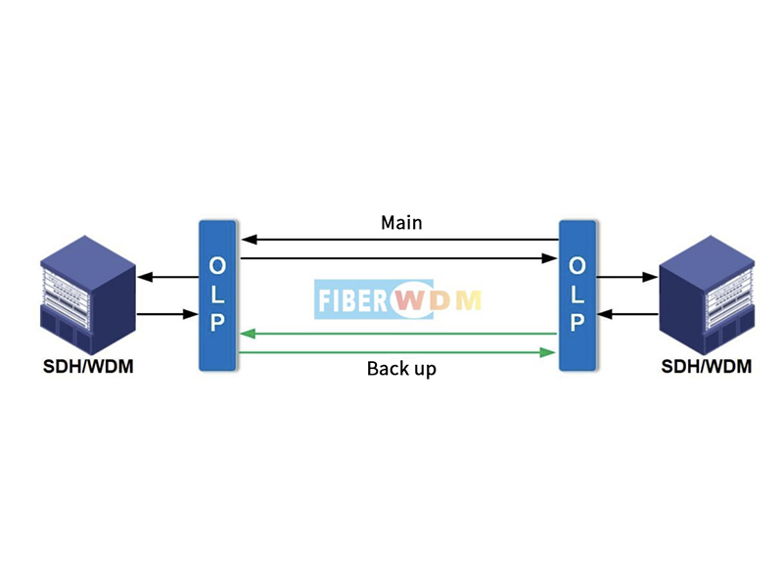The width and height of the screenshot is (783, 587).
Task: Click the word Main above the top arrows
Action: click(401, 223)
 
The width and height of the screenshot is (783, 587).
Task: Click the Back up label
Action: click(401, 369)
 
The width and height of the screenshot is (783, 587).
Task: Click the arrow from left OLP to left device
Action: click(167, 278)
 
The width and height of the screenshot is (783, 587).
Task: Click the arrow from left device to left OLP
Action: click(167, 315)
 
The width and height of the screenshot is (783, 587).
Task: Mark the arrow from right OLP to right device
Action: click(626, 278)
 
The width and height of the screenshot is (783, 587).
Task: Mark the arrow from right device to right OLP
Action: click(626, 315)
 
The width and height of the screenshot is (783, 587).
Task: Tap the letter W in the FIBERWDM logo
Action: click(412, 300)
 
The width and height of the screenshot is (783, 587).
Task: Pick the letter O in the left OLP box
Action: click(217, 265)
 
